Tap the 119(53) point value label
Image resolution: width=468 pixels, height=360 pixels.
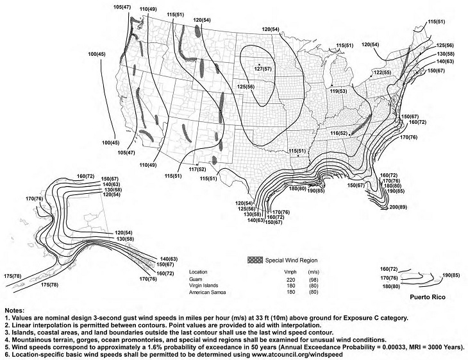(x=338, y=92)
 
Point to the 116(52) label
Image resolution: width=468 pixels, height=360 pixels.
(x=339, y=132)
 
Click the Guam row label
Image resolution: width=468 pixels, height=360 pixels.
(x=196, y=279)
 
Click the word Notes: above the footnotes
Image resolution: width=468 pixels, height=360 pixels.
(x=15, y=309)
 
